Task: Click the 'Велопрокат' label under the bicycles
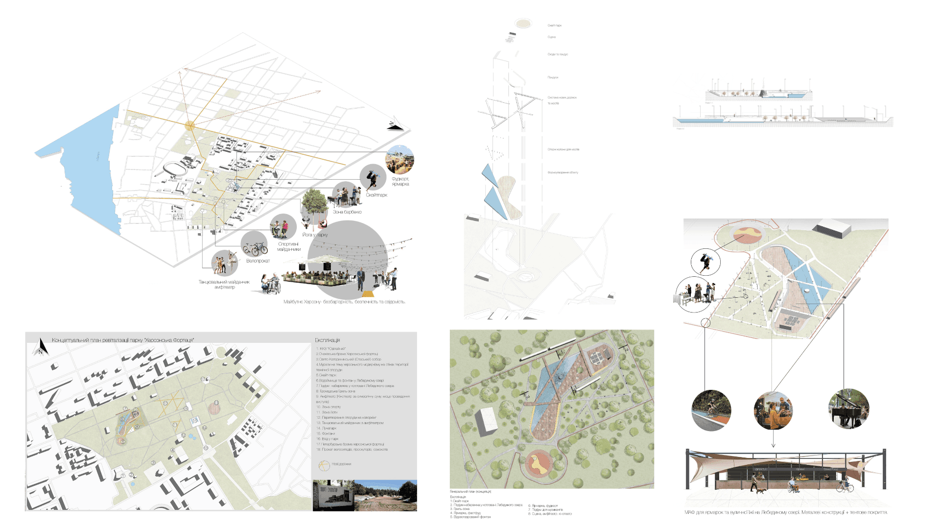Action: tap(258, 261)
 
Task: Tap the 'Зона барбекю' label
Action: tap(347, 212)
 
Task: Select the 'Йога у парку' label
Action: tap(315, 235)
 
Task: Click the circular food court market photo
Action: tap(399, 160)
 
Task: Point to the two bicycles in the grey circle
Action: tap(255, 248)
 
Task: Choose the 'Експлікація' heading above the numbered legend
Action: tap(327, 340)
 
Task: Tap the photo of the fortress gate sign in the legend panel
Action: tap(333, 496)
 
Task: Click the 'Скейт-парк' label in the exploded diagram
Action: tap(554, 25)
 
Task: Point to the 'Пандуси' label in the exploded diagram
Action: tap(553, 77)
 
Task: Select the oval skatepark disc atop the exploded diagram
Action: tap(523, 23)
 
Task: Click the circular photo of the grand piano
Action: tap(849, 409)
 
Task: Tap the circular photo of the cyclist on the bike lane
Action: tap(711, 410)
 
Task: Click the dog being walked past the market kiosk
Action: tap(760, 490)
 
